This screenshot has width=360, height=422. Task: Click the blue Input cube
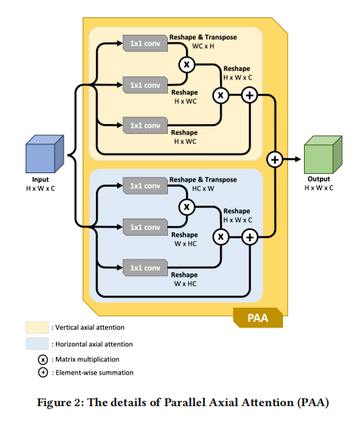pyautogui.click(x=45, y=154)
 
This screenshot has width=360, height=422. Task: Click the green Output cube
pyautogui.click(x=323, y=154)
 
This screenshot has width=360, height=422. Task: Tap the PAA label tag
pyautogui.click(x=258, y=318)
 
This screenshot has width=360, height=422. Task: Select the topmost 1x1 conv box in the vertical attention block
pyautogui.click(x=145, y=43)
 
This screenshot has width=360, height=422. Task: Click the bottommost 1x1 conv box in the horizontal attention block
pyautogui.click(x=145, y=268)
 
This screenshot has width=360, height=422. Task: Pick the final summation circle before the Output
pyautogui.click(x=275, y=160)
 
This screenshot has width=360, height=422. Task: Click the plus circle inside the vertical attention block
pyautogui.click(x=250, y=95)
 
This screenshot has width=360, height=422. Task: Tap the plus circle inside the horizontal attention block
pyautogui.click(x=250, y=237)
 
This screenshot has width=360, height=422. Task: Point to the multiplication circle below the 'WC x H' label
pyautogui.click(x=187, y=64)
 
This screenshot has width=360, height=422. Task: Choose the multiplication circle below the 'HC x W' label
pyautogui.click(x=187, y=207)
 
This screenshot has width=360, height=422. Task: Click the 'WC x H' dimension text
pyautogui.click(x=203, y=46)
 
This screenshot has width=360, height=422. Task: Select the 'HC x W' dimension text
pyautogui.click(x=203, y=188)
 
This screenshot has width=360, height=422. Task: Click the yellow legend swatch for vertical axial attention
pyautogui.click(x=37, y=327)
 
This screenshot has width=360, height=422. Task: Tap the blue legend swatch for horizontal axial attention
pyautogui.click(x=37, y=343)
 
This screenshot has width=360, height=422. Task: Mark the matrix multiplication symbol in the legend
pyautogui.click(x=43, y=359)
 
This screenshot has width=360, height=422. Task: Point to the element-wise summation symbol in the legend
pyautogui.click(x=43, y=373)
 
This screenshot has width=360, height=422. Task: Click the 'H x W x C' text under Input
pyautogui.click(x=40, y=188)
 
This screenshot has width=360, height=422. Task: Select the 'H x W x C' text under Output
pyautogui.click(x=319, y=188)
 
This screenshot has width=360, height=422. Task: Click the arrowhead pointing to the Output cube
pyautogui.click(x=297, y=160)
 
